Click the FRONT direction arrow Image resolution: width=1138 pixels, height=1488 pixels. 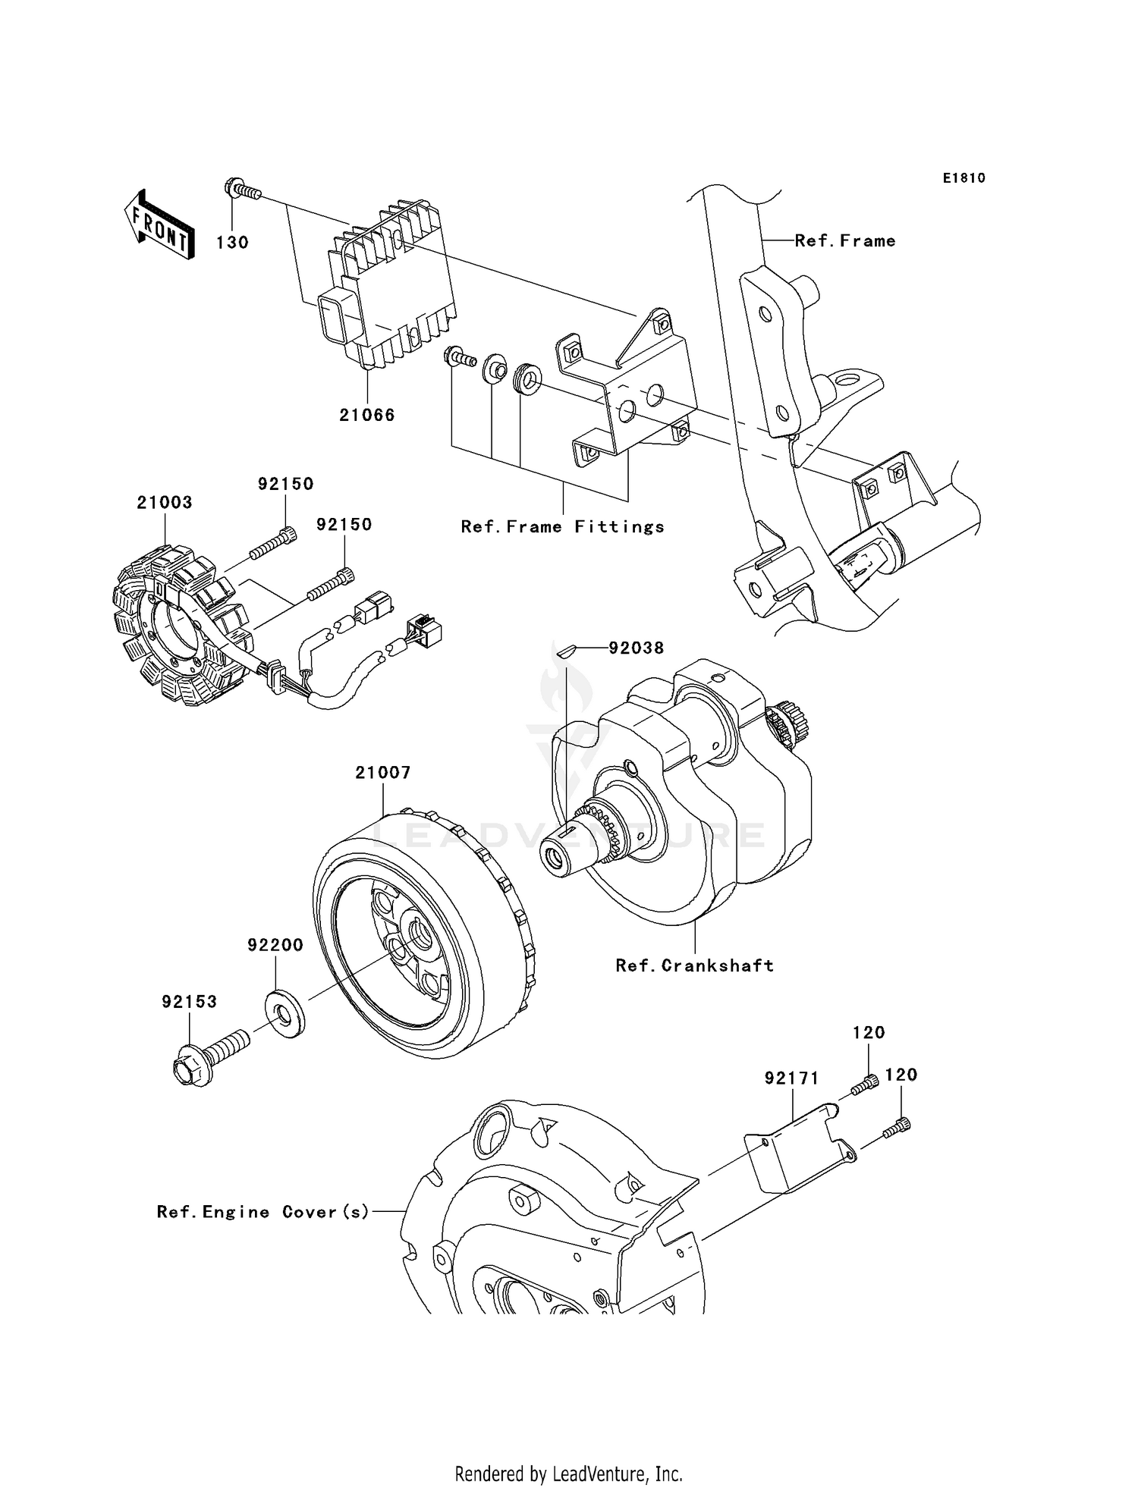pos(159,225)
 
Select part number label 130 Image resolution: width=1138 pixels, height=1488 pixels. pos(232,243)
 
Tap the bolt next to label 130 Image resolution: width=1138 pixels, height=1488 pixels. pos(241,190)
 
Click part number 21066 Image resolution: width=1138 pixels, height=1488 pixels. pos(367,415)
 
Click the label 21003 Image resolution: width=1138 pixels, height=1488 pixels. pos(165,502)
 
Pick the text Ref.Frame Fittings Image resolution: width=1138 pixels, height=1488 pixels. pos(562,526)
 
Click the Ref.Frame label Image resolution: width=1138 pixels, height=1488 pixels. pos(844,240)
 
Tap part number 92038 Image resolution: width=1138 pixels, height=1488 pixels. pos(636,648)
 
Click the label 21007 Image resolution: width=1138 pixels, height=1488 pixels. pos(383,772)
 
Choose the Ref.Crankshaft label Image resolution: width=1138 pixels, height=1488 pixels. pos(694,965)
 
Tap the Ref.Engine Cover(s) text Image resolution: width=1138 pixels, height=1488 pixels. pos(262,1211)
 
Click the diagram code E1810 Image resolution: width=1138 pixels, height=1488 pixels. pos(964,177)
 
